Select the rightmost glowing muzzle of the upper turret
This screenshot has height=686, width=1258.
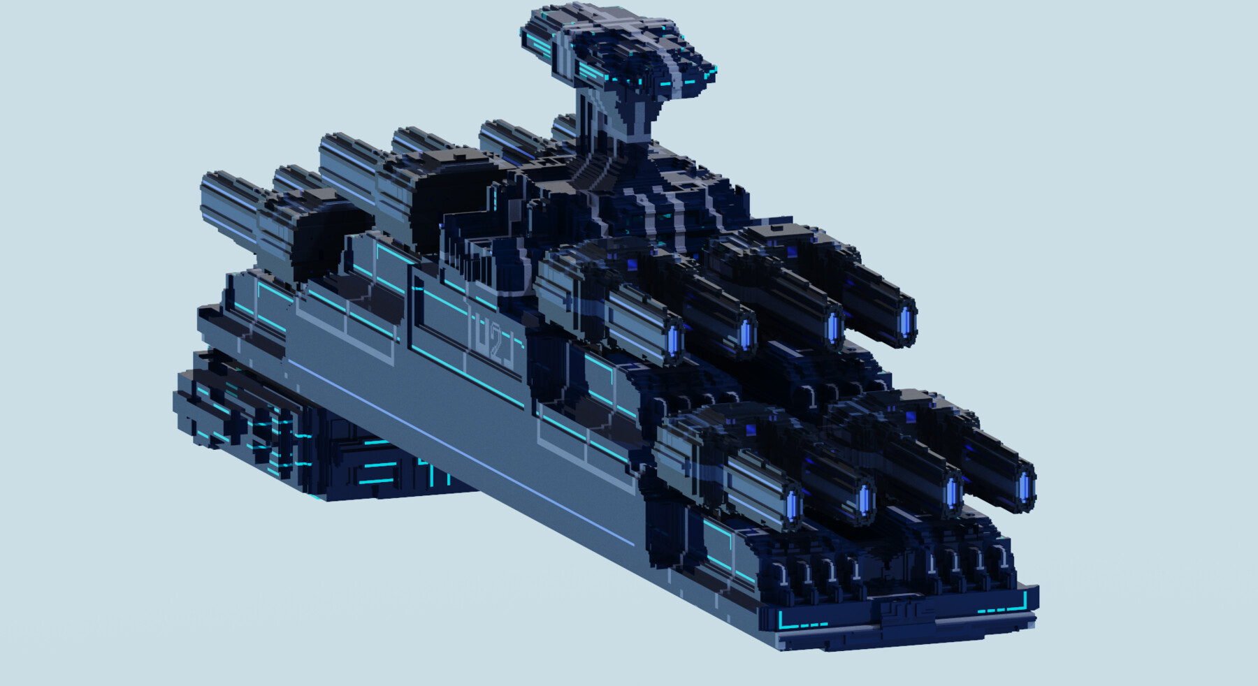click(906, 319)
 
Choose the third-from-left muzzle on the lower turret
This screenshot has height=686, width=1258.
click(951, 492)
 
